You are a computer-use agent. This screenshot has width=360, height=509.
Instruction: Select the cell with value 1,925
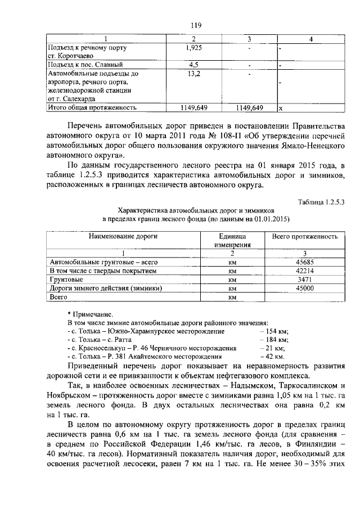(193, 48)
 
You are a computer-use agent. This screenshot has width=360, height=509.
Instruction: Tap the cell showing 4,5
(193, 65)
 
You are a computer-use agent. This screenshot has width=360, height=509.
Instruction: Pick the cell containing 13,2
(193, 74)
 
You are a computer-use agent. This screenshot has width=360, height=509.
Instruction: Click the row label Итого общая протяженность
(92, 107)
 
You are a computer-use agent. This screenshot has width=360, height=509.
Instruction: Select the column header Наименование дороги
(123, 236)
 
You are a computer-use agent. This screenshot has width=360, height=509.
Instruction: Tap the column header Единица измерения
(232, 240)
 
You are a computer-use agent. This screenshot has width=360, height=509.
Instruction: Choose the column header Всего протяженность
(304, 236)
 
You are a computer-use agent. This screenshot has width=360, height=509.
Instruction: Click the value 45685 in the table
(304, 262)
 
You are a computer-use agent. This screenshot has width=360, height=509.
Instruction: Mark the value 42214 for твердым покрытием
(304, 271)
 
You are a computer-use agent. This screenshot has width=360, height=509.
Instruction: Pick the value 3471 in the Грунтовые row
(304, 279)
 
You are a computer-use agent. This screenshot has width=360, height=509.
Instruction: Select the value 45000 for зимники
(304, 287)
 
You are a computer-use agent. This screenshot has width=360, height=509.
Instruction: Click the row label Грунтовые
(66, 279)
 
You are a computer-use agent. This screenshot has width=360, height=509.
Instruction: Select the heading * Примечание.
(90, 314)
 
